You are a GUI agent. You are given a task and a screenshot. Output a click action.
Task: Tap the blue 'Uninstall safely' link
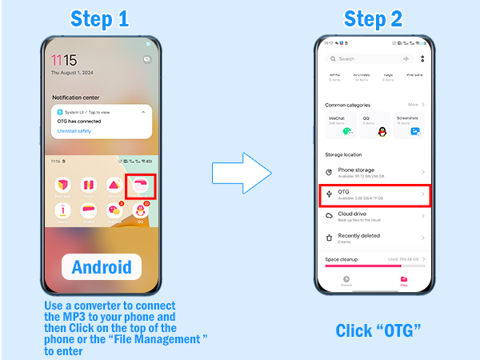click(x=74, y=130)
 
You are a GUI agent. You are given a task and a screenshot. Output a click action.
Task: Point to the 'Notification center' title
click(x=78, y=98)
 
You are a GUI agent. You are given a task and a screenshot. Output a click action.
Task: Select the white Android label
click(x=102, y=267)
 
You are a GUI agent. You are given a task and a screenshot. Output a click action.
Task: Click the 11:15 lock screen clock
click(x=64, y=61)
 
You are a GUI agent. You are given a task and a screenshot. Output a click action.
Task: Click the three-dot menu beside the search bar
click(x=422, y=58)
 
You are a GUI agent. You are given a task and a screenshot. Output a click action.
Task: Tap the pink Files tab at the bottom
click(x=403, y=281)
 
